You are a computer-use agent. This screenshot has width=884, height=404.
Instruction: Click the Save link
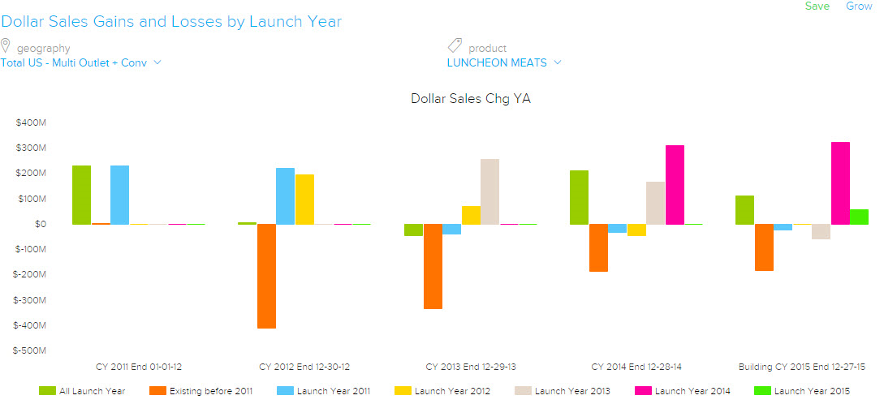(817, 6)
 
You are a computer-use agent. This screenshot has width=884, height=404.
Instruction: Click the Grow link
(859, 6)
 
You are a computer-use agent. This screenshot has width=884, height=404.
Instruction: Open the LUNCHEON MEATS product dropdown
(504, 62)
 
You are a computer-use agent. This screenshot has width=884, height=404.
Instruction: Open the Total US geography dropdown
(81, 62)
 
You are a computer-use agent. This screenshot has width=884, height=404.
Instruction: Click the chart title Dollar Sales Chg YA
(471, 99)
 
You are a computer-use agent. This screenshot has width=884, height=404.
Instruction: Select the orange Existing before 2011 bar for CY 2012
(266, 276)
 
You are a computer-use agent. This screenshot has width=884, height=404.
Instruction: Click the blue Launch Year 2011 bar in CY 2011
(119, 195)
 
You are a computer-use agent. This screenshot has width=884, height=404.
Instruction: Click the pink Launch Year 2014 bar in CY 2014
(675, 184)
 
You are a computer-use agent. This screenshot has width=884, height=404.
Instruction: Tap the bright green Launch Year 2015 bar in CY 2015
(859, 217)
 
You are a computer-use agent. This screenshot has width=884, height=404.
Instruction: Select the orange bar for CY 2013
(433, 266)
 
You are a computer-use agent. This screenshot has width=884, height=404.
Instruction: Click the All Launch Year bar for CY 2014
(579, 197)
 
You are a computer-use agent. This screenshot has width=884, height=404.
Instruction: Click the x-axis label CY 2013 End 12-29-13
(471, 367)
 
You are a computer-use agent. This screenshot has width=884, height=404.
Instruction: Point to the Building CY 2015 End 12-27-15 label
(801, 367)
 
